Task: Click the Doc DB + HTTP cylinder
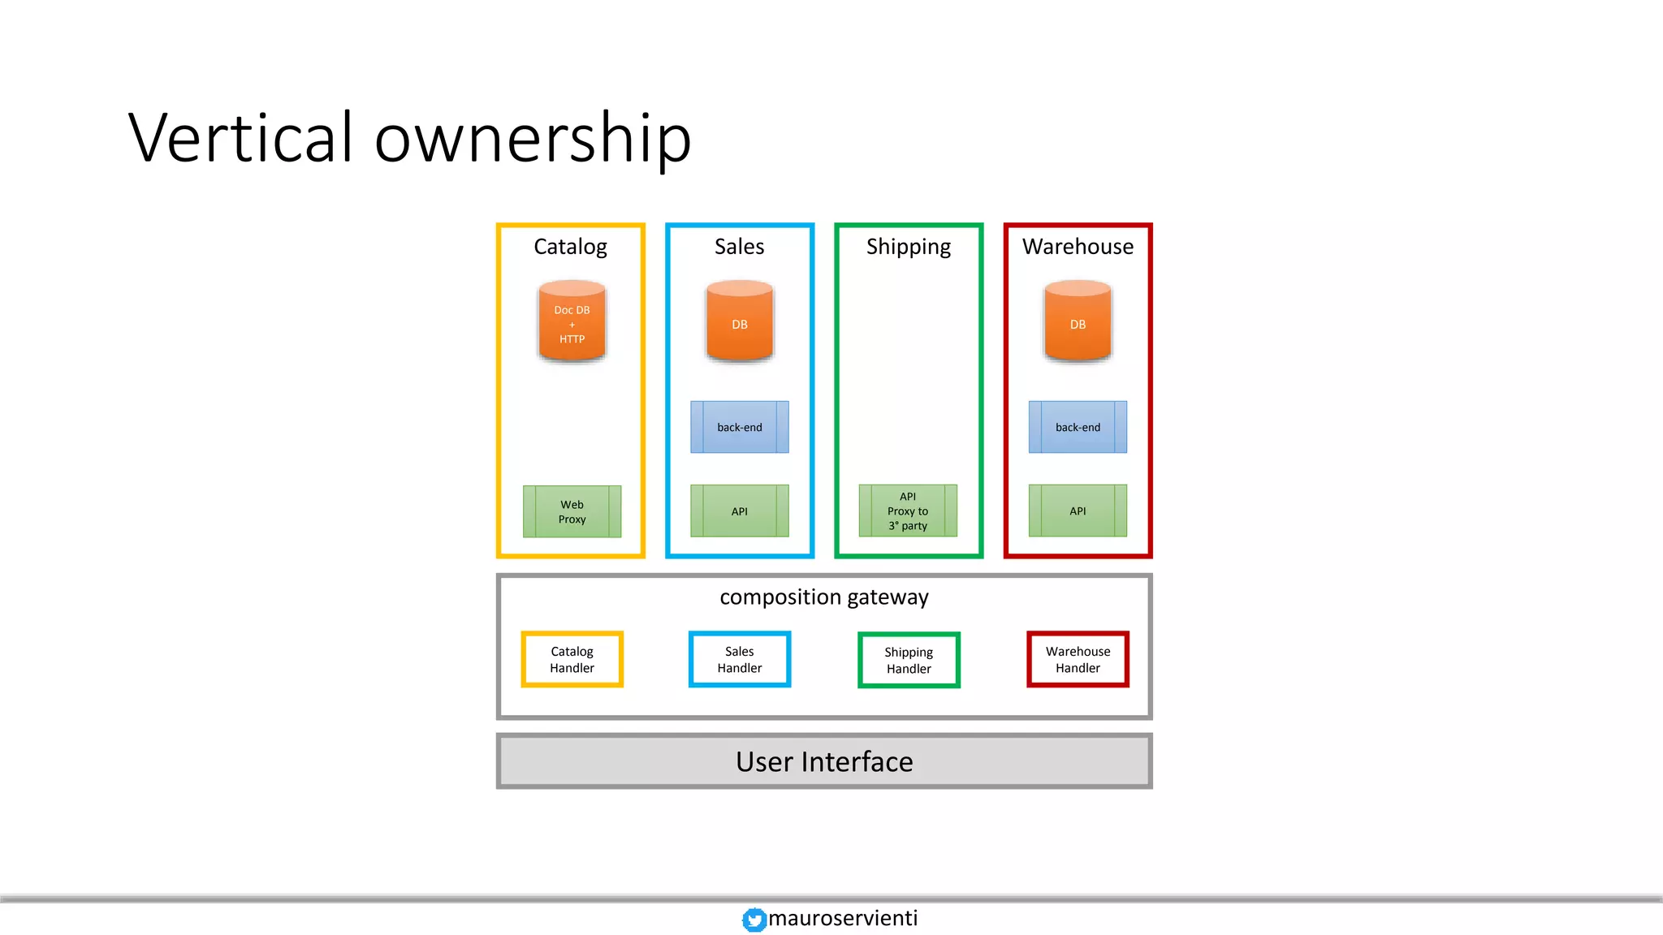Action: pos(572,321)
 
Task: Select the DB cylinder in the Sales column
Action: pos(739,321)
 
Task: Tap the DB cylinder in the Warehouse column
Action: pos(1078,321)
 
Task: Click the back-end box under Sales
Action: pos(739,427)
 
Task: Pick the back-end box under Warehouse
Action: pos(1078,427)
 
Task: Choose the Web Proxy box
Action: pos(572,511)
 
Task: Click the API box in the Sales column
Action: pos(739,511)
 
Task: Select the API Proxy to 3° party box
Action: pos(908,511)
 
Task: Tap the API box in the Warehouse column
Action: pos(1078,511)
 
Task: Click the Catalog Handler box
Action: pos(572,659)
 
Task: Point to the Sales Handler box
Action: pos(739,659)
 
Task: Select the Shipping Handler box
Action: pos(909,660)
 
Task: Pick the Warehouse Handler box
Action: pos(1078,659)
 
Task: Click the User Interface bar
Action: pos(824,761)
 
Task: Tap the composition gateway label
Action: pos(824,597)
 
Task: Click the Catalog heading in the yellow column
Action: pos(570,247)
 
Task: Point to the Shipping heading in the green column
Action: pos(908,247)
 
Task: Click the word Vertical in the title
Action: pos(241,138)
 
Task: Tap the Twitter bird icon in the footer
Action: pos(754,919)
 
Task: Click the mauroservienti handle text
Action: pos(843,918)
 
